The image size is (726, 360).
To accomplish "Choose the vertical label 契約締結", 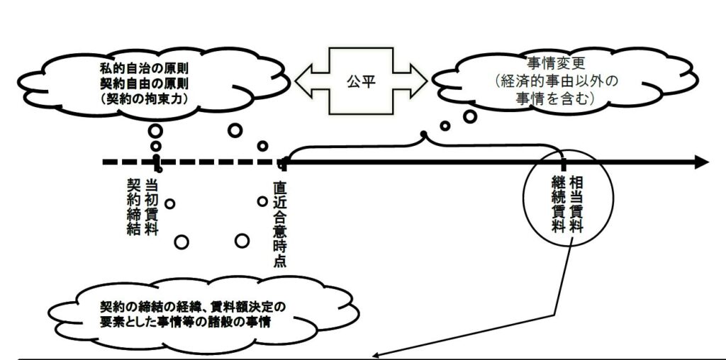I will pyautogui.click(x=133, y=206).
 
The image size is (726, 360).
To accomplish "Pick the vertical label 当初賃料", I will pyautogui.click(x=151, y=206).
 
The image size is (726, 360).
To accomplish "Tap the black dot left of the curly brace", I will pyautogui.click(x=423, y=134).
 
